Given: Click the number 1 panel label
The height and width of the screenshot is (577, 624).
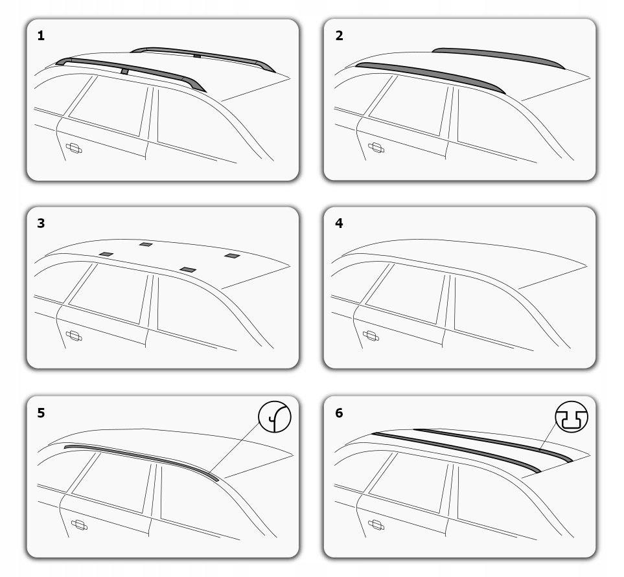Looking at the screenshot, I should (41, 36).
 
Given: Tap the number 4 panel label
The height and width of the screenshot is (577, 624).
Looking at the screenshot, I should (339, 223).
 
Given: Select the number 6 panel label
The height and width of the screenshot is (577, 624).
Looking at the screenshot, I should (339, 413).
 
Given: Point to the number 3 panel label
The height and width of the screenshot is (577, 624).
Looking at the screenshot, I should (41, 223).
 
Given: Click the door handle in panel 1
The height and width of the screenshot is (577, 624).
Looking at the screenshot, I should (74, 148).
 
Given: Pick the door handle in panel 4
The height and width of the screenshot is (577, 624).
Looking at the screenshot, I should (371, 335).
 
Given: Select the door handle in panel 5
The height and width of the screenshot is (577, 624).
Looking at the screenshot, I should (79, 524).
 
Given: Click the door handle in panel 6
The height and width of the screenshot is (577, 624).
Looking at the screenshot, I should (376, 524).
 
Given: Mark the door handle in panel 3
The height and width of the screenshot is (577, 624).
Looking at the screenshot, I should (74, 335).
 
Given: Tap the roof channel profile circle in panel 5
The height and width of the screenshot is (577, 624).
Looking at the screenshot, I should (275, 416).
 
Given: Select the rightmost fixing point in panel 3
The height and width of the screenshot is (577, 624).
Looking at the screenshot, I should (232, 256).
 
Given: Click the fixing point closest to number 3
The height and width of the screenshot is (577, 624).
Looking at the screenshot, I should (106, 254).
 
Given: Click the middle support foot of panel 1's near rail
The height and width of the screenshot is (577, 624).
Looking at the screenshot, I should (124, 71).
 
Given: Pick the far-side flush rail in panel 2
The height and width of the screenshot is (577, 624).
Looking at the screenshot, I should (499, 55).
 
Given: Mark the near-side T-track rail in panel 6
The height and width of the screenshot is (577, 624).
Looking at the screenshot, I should (454, 449).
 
